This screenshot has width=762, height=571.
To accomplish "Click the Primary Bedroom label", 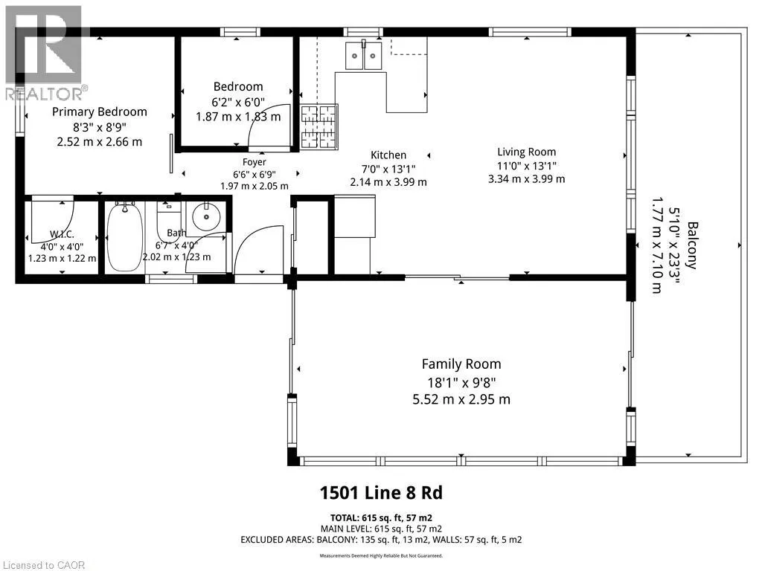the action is [x=100, y=112].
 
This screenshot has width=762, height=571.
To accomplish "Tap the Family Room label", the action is [x=461, y=364].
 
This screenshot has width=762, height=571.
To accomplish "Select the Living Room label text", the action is [x=526, y=152].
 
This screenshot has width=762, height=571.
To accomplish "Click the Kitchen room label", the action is [x=388, y=155].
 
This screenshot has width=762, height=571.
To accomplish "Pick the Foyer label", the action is [x=254, y=162].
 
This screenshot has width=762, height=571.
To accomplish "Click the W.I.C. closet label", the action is [x=63, y=234].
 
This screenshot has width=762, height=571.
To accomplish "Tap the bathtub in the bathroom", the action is [x=124, y=237].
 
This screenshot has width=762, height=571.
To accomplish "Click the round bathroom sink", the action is [x=206, y=216].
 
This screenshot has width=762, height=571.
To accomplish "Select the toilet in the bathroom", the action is [x=168, y=221].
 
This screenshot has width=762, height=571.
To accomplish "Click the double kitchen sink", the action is [x=363, y=55].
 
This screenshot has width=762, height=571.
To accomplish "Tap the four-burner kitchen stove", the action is [x=318, y=126].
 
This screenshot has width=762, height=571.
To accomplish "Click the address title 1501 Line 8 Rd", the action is [x=381, y=493].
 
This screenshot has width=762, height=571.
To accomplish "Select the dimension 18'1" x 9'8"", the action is [x=461, y=383].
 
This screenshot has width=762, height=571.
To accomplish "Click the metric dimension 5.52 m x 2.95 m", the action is [x=461, y=399].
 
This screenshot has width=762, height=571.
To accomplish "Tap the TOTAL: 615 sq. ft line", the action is [x=381, y=518].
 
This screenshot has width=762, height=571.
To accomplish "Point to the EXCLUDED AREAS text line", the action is [x=381, y=540].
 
